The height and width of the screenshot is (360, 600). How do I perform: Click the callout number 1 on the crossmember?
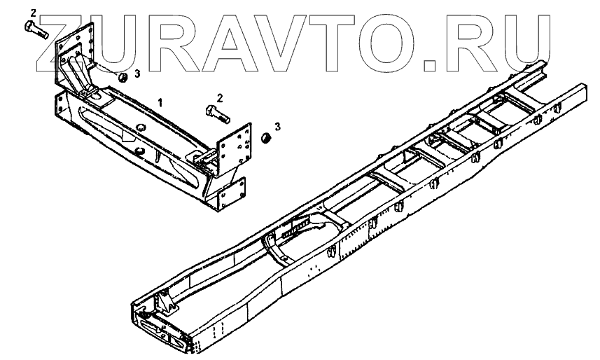pyautogui.click(x=161, y=102)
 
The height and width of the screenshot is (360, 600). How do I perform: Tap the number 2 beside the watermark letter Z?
pyautogui.click(x=34, y=13)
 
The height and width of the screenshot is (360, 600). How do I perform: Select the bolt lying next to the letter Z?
pyautogui.click(x=36, y=29)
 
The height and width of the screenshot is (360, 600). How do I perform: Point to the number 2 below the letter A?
pyautogui.click(x=220, y=98)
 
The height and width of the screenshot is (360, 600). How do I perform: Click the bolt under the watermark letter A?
pyautogui.click(x=218, y=113)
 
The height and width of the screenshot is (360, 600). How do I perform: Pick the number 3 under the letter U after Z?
pyautogui.click(x=137, y=74)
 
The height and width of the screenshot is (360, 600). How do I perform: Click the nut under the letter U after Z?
pyautogui.click(x=123, y=77)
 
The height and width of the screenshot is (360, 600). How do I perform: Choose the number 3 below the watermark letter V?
pyautogui.click(x=277, y=126)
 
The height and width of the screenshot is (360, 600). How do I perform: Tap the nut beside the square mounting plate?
pyautogui.click(x=265, y=137)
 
